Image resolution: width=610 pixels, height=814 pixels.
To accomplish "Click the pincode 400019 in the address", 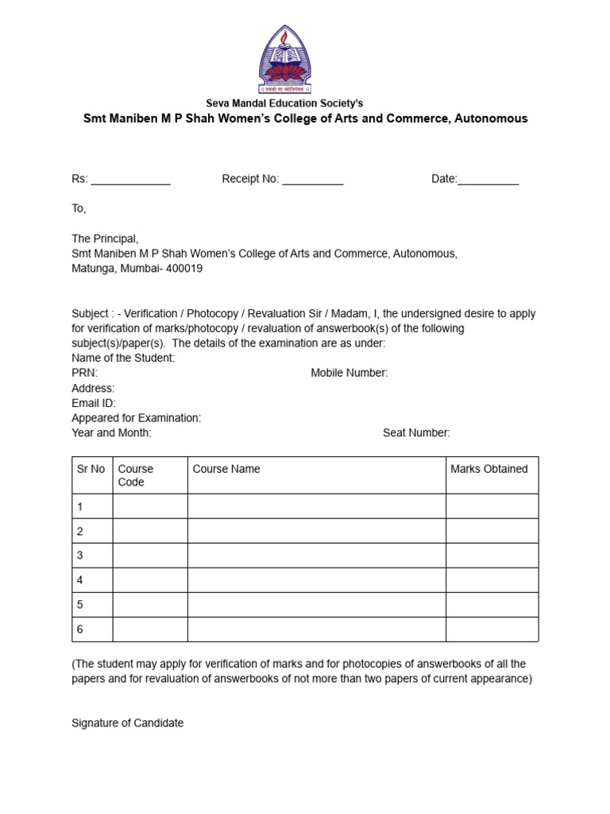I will pos(184,269).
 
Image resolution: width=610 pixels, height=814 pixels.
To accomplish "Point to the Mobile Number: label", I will pos(349,373).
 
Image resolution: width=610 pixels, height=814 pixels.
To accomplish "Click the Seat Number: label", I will pos(416,433).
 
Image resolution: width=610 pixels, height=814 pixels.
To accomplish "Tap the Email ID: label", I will pos(94,403).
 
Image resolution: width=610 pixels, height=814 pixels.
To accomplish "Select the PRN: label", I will pos(84,373).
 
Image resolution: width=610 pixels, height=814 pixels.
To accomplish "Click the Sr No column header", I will pos(91,469).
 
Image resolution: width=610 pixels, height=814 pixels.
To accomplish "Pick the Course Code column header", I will pos(136,475).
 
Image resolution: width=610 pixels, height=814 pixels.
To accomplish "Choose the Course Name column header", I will pos(226,469).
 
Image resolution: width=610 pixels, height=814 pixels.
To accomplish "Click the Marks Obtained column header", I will pos(489,469).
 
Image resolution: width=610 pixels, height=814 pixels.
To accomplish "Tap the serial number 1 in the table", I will pos(79,506).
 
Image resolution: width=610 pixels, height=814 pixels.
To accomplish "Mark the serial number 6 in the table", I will pos(79,630).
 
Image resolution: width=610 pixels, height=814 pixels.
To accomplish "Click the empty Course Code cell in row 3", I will pos(150,556).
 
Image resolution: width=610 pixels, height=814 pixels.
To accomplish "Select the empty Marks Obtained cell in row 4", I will pos(492,580).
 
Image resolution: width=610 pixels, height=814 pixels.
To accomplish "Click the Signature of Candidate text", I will pos(128,723).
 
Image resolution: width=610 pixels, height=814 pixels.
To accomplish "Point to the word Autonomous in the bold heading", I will pos(492,119).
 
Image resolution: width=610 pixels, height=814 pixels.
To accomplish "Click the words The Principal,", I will pos(105,238).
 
